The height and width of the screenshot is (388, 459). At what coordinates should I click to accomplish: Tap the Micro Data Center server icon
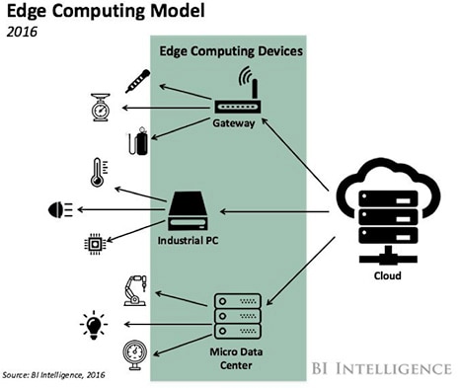point(238,316)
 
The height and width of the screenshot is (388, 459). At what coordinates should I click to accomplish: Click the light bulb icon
point(94,323)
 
